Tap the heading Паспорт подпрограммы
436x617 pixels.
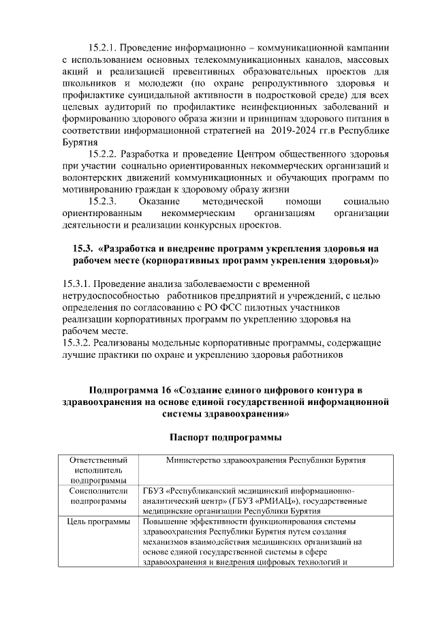(x=225, y=437)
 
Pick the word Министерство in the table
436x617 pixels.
(x=198, y=460)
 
